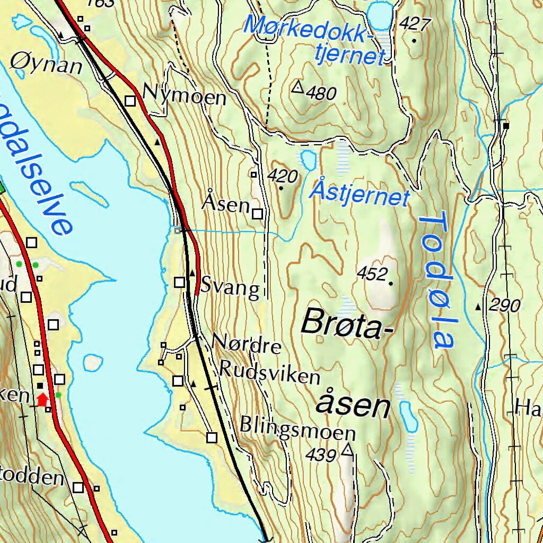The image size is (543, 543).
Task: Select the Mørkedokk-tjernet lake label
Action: pos(313,39)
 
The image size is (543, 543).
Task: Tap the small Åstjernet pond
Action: pos(308,158)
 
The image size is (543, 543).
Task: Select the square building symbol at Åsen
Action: pos(257,214)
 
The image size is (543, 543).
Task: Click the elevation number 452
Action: pos(371,274)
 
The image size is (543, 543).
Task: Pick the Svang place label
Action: pos(230,289)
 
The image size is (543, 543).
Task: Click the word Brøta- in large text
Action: pos(348,323)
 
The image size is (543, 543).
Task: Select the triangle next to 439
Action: pos(347,451)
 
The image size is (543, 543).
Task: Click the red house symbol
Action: pos(42,399)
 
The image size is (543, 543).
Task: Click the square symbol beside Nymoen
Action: pos(130,100)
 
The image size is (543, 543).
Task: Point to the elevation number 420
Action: pos(283,176)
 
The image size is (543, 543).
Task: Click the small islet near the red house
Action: pos(92,362)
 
